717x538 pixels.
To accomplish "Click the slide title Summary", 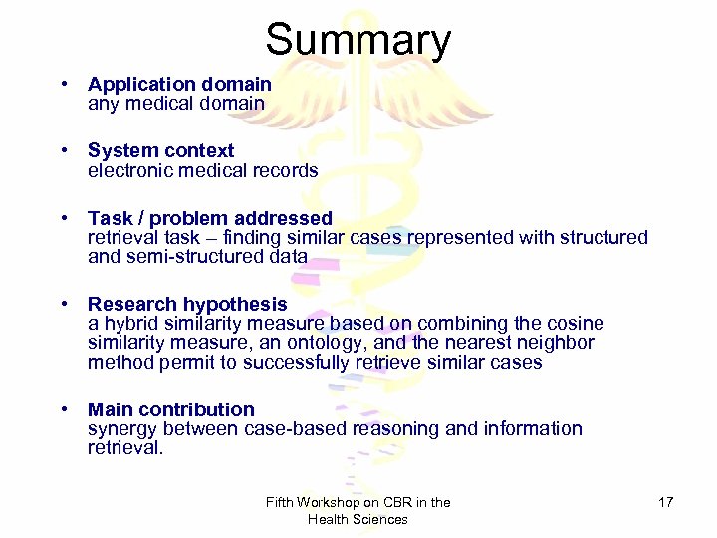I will click(358, 41).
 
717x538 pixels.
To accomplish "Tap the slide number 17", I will click(666, 502).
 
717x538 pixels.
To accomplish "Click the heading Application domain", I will click(179, 85).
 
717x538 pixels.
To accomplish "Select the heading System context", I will click(160, 151).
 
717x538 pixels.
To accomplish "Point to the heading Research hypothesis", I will click(187, 304).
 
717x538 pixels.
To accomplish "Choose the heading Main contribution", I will click(171, 409).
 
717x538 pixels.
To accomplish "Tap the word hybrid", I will click(128, 324).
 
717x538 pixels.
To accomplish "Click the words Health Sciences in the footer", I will click(358, 519).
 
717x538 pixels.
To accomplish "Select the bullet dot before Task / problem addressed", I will click(63, 218).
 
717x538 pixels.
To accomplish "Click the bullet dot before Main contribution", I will click(63, 409).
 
